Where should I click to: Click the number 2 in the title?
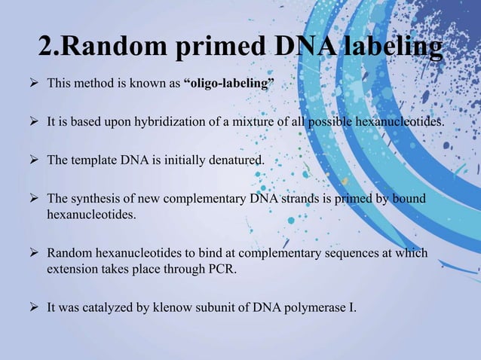(46, 47)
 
